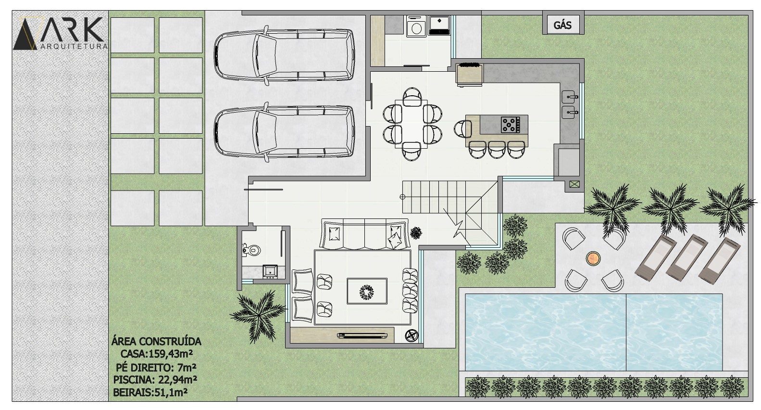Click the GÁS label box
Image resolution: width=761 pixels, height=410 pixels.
pyautogui.click(x=563, y=25)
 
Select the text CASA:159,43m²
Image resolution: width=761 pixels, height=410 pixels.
pyautogui.click(x=157, y=354)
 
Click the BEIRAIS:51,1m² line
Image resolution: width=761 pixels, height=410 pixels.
pyautogui.click(x=150, y=393)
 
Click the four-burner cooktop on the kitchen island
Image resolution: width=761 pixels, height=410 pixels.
pyautogui.click(x=510, y=125)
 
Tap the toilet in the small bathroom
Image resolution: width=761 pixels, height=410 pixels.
pyautogui.click(x=251, y=250)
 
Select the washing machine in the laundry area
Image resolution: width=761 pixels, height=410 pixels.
pyautogui.click(x=416, y=26)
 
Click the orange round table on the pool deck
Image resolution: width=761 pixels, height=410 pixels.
pyautogui.click(x=593, y=259)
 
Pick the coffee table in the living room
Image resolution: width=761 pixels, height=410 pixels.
pyautogui.click(x=367, y=291)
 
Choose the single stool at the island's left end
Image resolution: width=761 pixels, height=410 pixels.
pyautogui.click(x=463, y=129)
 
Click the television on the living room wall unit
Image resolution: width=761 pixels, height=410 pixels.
pyautogui.click(x=362, y=336)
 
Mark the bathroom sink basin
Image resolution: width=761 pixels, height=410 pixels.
pyautogui.click(x=270, y=272)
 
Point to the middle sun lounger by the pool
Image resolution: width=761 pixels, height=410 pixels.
pyautogui.click(x=687, y=257)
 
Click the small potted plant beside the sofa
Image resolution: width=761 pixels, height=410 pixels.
pyautogui.click(x=416, y=233)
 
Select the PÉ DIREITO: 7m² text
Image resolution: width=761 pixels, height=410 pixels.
pyautogui.click(x=156, y=368)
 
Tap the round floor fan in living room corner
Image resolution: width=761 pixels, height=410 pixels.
pyautogui.click(x=412, y=335)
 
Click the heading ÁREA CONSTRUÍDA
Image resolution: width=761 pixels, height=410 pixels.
pyautogui.click(x=156, y=342)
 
